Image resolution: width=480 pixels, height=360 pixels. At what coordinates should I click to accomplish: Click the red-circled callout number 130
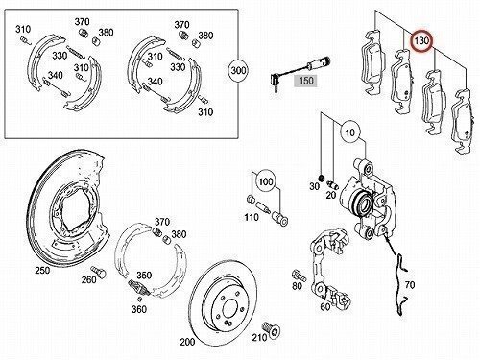pyautogui.click(x=421, y=41)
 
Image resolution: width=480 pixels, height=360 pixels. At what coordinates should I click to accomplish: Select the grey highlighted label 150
pyautogui.click(x=306, y=81)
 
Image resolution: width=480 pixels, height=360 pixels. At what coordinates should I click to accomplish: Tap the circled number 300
pyautogui.click(x=239, y=70)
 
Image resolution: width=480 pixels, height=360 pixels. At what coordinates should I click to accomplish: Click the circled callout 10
pyautogui.click(x=350, y=132)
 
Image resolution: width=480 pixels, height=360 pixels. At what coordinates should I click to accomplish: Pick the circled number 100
pyautogui.click(x=266, y=181)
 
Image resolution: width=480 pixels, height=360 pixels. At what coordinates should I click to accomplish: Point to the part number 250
pyautogui.click(x=42, y=271)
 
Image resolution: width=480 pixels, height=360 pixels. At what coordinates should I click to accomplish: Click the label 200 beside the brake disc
pyautogui.click(x=187, y=342)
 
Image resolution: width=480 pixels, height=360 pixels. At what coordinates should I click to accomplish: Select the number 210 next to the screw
pyautogui.click(x=259, y=337)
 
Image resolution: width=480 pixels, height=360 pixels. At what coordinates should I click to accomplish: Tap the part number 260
pyautogui.click(x=88, y=279)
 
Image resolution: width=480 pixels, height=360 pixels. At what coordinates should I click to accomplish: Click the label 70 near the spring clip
pyautogui.click(x=410, y=284)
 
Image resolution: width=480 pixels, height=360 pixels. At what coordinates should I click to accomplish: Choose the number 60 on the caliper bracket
pyautogui.click(x=325, y=307)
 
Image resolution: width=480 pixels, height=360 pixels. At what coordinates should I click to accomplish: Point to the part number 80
pyautogui.click(x=297, y=285)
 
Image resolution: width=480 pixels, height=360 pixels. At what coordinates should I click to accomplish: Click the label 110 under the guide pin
pyautogui.click(x=252, y=217)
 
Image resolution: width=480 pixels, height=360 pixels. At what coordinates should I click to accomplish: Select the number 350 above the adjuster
pyautogui.click(x=144, y=275)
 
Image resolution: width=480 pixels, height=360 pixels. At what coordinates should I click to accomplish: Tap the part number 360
pyautogui.click(x=139, y=309)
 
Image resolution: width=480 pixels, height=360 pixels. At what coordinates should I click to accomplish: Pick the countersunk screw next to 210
pyautogui.click(x=272, y=330)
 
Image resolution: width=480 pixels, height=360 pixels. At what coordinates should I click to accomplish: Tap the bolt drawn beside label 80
pyautogui.click(x=299, y=276)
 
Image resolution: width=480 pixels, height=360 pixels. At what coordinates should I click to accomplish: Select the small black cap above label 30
pyautogui.click(x=323, y=178)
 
